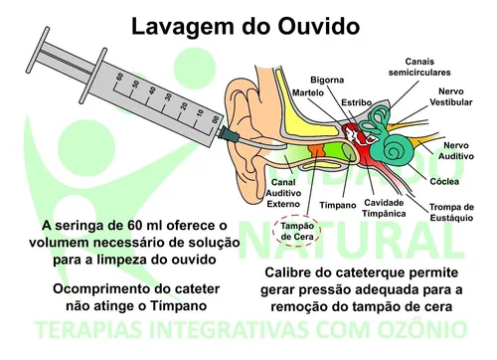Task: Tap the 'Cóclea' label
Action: [x=453, y=182]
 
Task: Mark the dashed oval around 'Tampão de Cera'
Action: [x=297, y=232]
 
